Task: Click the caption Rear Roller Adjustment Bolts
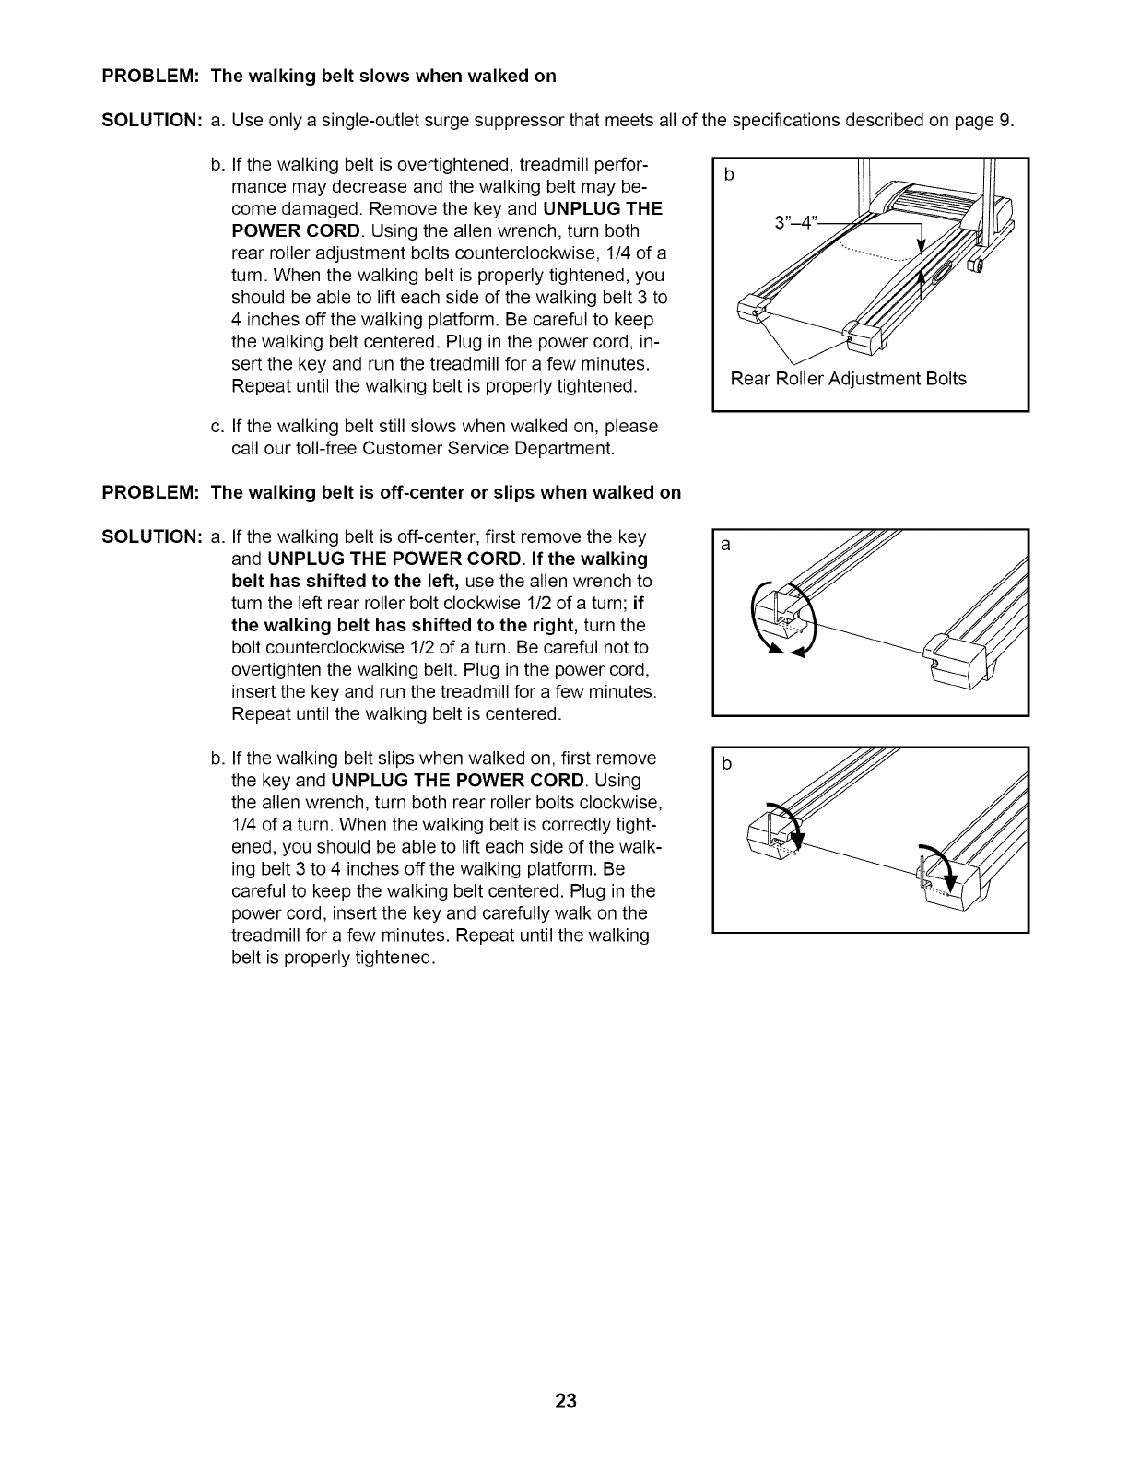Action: (x=848, y=379)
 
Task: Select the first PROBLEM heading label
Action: (x=150, y=76)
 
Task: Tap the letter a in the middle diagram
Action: (x=725, y=546)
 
